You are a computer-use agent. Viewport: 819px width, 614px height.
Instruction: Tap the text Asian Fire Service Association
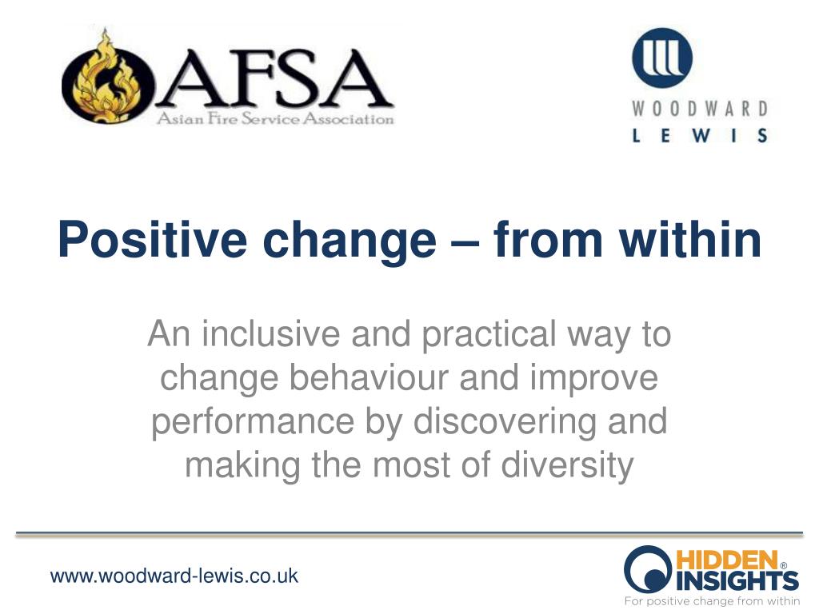tap(275, 119)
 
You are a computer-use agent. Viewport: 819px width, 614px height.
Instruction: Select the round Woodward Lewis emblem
tap(662, 58)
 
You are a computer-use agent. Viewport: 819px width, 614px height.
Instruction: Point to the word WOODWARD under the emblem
tap(700, 109)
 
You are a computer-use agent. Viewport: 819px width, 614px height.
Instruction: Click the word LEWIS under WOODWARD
tap(700, 135)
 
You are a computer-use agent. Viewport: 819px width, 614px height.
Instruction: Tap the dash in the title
tap(465, 242)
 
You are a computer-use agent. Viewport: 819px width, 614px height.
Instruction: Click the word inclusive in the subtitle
tap(271, 333)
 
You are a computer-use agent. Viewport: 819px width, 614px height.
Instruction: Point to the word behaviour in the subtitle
tap(369, 377)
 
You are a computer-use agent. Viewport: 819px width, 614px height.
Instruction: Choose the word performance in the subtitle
tap(253, 422)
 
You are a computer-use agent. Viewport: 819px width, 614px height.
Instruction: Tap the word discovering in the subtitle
tap(505, 422)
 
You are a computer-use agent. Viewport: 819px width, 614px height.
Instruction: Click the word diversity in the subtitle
tap(567, 465)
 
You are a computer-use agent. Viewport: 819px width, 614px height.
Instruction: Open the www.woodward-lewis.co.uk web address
tap(174, 576)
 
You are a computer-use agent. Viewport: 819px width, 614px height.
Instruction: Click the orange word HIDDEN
tap(727, 560)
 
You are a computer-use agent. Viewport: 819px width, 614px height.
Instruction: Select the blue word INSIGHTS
tap(737, 580)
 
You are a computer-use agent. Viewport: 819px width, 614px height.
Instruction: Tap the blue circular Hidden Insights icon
tap(648, 569)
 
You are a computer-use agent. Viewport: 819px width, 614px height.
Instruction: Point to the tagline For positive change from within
tap(712, 601)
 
